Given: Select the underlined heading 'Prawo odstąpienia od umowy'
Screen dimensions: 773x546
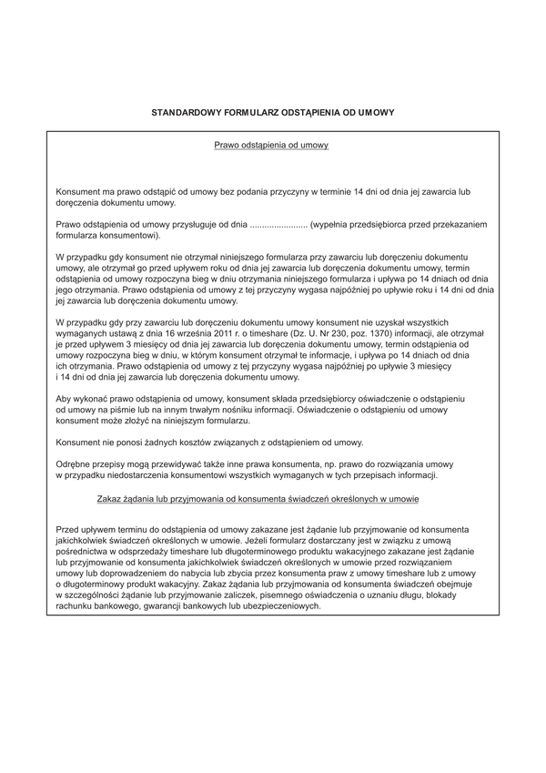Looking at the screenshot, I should pos(270,145).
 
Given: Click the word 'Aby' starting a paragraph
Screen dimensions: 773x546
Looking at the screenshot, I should pos(65,400).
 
